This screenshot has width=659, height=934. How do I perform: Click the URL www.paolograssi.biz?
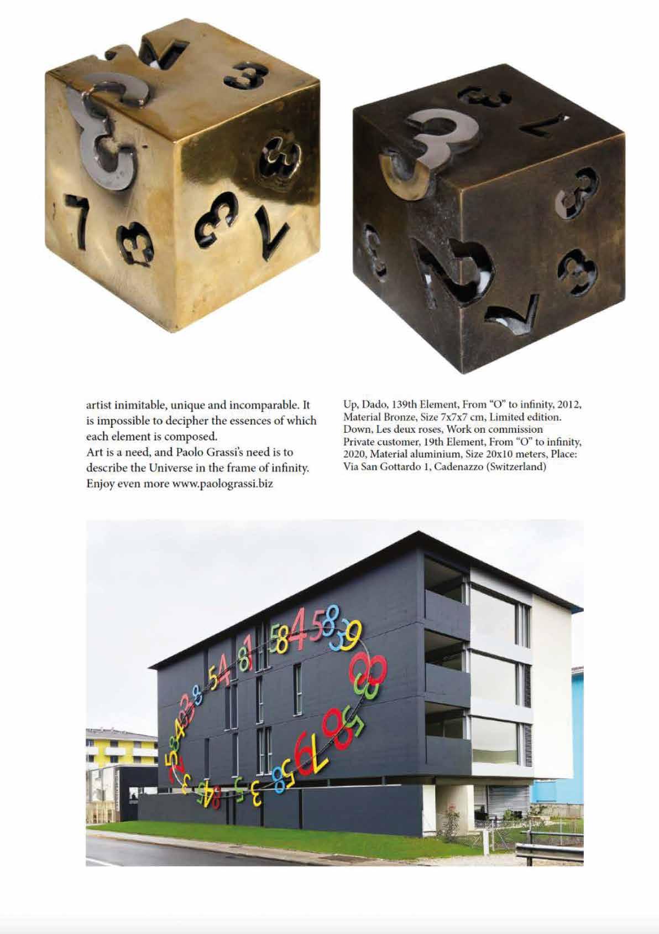[x=223, y=484]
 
